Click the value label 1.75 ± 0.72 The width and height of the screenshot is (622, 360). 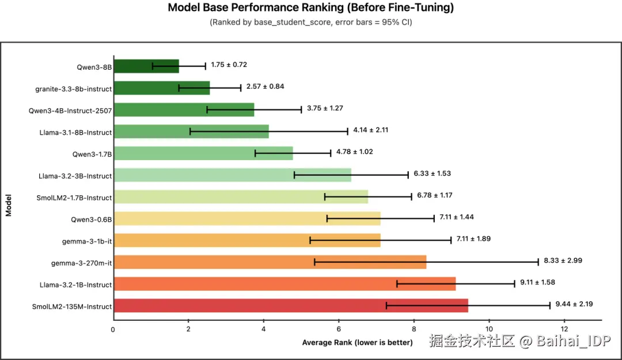[x=229, y=65]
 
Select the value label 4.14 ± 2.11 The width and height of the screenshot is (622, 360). [x=370, y=130]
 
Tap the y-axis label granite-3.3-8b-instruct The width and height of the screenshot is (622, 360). [x=73, y=89]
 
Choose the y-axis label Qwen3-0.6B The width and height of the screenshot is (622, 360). [x=92, y=219]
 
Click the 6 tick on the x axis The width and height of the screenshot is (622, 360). [x=339, y=329]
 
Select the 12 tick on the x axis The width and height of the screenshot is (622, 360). [x=564, y=329]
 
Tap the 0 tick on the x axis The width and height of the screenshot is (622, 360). [x=113, y=329]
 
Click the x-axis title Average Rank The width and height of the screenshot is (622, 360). [x=357, y=343]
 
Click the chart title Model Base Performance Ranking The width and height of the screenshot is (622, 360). [x=310, y=8]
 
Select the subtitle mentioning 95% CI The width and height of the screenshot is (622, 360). [x=310, y=22]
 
